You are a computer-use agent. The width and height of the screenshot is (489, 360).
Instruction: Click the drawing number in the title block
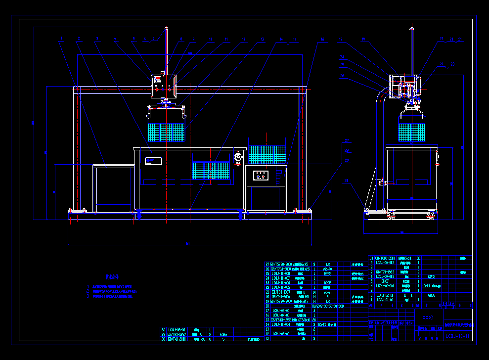[x=457, y=336]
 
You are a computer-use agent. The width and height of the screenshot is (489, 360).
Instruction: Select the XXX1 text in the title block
[x=429, y=318]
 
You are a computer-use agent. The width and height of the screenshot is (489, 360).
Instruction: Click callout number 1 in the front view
[x=62, y=38]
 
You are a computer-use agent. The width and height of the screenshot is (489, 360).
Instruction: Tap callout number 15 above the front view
[x=294, y=39]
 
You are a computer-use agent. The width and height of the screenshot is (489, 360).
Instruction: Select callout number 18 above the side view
[x=364, y=39]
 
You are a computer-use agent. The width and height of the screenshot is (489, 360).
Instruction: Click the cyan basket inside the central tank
[x=211, y=170]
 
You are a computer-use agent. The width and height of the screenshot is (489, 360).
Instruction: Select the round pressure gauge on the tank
[x=238, y=157]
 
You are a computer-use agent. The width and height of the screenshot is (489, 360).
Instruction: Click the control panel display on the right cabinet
[x=261, y=175]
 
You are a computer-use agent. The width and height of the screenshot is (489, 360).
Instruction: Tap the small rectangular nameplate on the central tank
[x=154, y=160]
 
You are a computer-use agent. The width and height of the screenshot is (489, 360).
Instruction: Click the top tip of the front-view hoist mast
[x=166, y=28]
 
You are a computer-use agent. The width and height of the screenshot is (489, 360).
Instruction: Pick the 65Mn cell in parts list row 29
[x=224, y=334]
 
